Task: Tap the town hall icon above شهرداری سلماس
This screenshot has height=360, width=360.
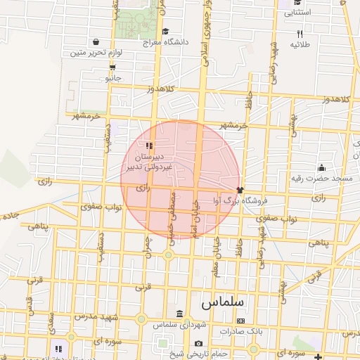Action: click(x=180, y=314)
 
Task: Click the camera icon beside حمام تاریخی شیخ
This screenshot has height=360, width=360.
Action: click(x=198, y=343)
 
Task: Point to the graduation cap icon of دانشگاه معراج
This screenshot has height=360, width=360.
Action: click(x=165, y=31)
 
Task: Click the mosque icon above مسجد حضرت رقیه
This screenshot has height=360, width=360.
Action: click(x=321, y=167)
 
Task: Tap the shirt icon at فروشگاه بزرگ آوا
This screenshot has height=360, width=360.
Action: click(x=240, y=189)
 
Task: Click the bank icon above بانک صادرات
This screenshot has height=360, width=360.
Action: click(x=241, y=321)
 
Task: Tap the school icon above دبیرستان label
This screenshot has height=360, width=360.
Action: click(x=148, y=144)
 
